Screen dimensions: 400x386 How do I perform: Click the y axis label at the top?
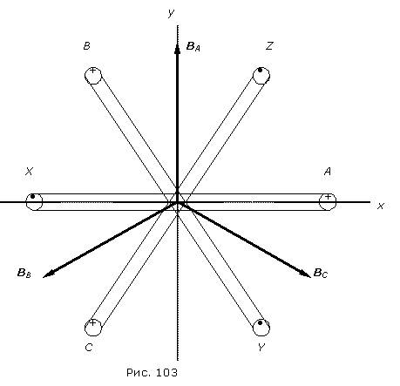coord(171,13)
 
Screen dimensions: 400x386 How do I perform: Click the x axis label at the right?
coord(381,206)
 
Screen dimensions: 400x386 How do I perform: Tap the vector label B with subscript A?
coord(193,46)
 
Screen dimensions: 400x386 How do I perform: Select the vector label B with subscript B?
coord(24,274)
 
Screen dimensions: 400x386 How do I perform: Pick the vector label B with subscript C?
coord(321,274)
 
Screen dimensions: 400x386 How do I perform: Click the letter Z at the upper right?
coord(269,46)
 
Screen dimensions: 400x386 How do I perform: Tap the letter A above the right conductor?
coord(328,172)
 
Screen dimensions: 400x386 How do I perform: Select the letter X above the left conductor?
coord(29,172)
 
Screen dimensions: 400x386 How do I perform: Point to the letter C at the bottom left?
coord(89,348)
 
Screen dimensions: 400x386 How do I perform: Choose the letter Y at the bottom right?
coord(261,348)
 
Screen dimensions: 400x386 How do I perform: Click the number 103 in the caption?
coord(166,372)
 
